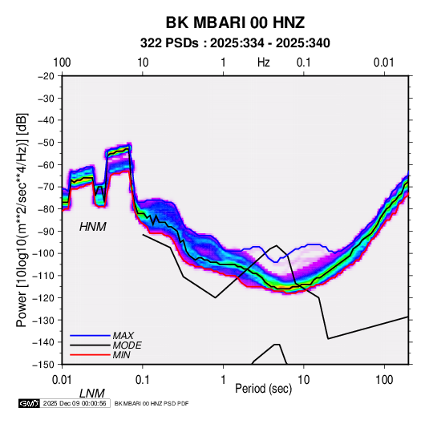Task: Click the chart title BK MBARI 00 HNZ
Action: click(x=235, y=22)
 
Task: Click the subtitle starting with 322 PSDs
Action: click(x=235, y=43)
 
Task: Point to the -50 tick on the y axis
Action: click(x=46, y=143)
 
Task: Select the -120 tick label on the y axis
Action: click(x=43, y=297)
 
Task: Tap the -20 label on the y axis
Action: click(x=46, y=76)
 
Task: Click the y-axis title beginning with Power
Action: click(x=22, y=220)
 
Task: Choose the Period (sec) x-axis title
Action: click(x=264, y=389)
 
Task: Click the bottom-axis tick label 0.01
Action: click(x=62, y=380)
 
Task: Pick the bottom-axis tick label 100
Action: click(x=384, y=380)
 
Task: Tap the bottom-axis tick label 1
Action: click(x=223, y=380)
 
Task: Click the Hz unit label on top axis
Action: click(x=264, y=63)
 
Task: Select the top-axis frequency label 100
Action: click(x=62, y=63)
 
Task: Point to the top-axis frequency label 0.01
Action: click(x=384, y=63)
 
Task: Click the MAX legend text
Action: click(x=123, y=336)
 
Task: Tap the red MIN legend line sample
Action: click(x=90, y=355)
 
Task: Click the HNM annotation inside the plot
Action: click(x=93, y=227)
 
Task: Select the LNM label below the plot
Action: click(x=92, y=394)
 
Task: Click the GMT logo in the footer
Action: click(x=30, y=403)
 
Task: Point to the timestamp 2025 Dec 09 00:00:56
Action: click(x=75, y=403)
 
